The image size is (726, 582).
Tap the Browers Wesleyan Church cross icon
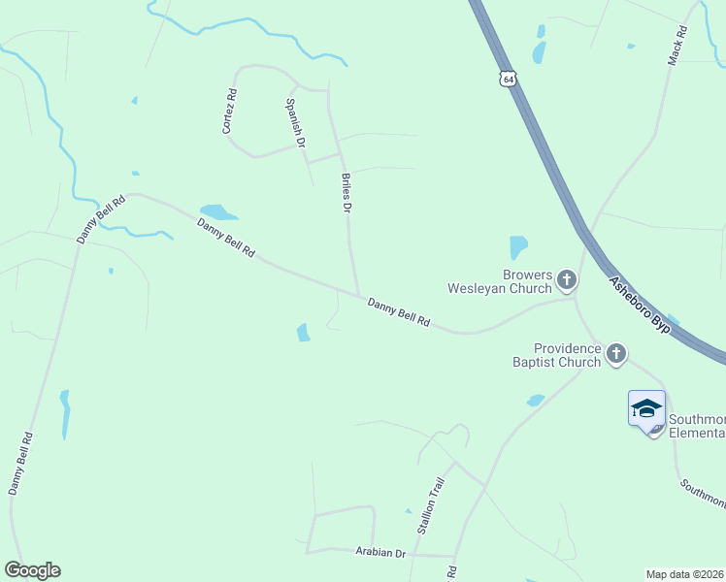coord(567,281)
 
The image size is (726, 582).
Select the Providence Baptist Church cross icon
coord(615,355)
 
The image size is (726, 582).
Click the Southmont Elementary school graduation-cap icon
coord(646,409)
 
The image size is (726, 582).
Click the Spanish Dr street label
coord(295,122)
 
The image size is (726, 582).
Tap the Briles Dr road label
coord(346,192)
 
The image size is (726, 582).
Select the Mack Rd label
coord(677,46)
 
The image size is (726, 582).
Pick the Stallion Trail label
coord(431,505)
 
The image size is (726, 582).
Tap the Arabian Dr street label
coord(379,553)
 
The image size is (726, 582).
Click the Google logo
coord(32,570)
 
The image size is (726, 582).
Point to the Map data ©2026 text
coord(685,574)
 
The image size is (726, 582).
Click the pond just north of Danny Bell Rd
coord(217,211)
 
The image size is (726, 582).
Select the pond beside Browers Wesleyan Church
coord(518,247)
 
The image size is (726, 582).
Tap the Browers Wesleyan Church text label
coord(499,281)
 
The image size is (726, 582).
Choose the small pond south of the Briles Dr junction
coord(304,333)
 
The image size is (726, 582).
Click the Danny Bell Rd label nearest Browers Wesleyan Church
coord(399,312)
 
